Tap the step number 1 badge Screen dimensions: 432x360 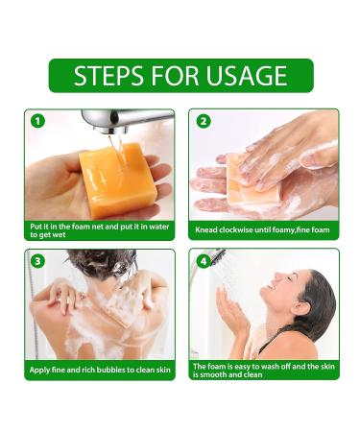[37, 121]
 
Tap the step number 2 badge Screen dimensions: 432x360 [203, 121]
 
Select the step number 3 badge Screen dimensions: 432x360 [37, 261]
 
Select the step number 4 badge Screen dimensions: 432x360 [203, 261]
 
